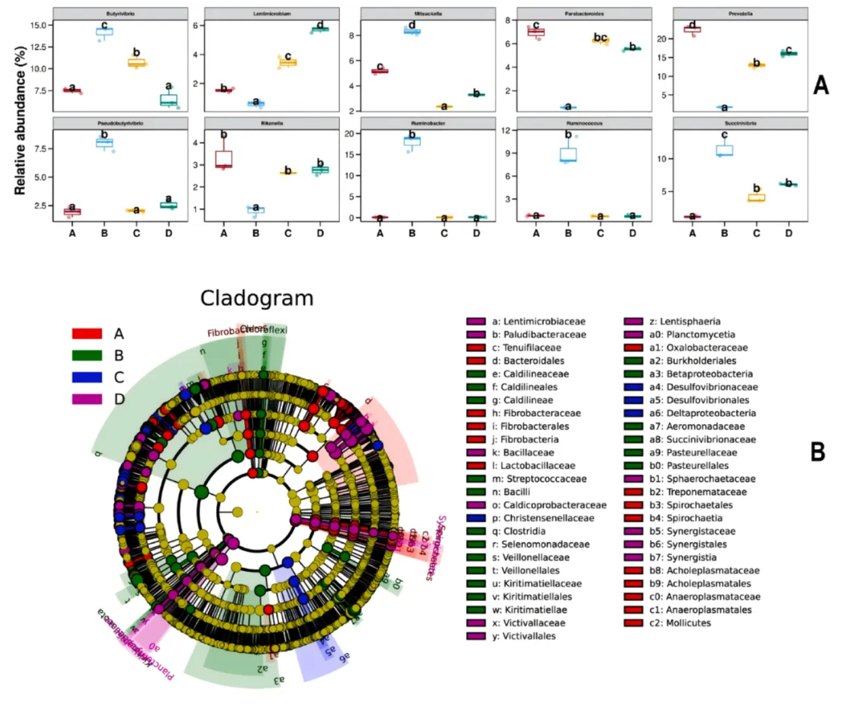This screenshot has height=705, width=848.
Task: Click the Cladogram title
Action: [256, 299]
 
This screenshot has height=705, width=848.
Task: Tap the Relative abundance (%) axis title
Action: [20, 120]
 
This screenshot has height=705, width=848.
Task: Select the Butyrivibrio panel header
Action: [120, 13]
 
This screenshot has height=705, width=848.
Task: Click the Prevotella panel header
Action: [740, 13]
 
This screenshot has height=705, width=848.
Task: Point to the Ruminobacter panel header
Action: [428, 123]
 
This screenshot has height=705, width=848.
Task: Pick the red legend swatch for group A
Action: [87, 333]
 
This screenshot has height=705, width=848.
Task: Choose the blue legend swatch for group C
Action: [87, 377]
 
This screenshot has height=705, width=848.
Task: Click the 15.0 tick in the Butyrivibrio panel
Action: [38, 25]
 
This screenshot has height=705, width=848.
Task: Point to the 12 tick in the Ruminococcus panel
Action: [506, 130]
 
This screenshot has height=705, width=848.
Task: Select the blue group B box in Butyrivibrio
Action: [104, 32]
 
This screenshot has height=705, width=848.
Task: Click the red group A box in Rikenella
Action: [224, 159]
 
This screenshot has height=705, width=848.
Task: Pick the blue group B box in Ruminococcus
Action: [568, 154]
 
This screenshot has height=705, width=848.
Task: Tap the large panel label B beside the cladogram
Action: [818, 452]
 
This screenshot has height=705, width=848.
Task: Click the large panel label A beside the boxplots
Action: [820, 85]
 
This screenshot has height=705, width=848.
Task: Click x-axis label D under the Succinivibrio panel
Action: [788, 233]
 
